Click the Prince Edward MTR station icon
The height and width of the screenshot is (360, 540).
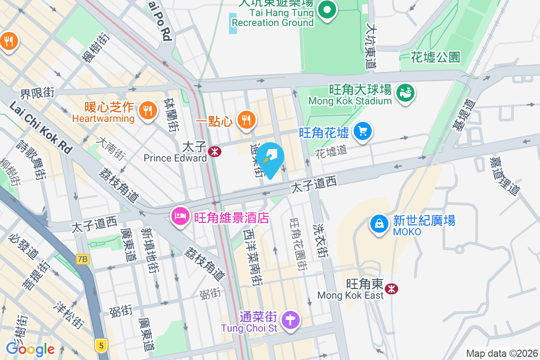click(215, 152)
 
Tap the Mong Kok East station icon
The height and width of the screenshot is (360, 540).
click(392, 288)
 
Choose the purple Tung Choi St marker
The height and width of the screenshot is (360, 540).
click(291, 320)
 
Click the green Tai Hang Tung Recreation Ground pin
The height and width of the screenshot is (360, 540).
click(327, 10)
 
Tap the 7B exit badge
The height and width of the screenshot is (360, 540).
click(83, 259)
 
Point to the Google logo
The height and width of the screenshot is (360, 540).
click(30, 349)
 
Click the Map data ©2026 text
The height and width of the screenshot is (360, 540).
click(502, 353)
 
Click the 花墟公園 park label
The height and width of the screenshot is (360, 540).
click(436, 57)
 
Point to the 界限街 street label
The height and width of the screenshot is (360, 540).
click(37, 94)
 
